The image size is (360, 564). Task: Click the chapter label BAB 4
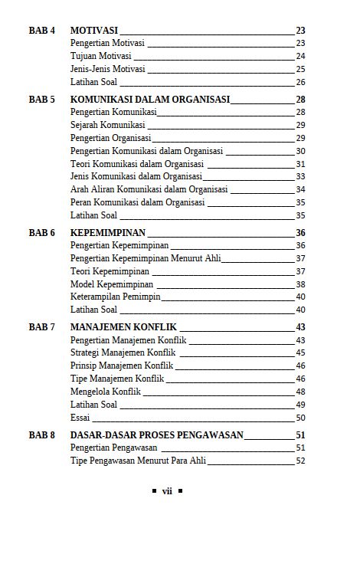click(42, 31)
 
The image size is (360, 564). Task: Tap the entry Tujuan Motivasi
click(100, 56)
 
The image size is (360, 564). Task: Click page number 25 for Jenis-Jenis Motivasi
click(300, 69)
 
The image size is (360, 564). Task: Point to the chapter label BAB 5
click(42, 100)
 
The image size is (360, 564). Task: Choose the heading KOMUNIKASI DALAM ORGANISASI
click(150, 100)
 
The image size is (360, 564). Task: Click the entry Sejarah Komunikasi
click(107, 125)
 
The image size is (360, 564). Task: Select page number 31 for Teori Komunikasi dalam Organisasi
click(300, 164)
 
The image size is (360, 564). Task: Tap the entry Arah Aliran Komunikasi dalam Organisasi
click(149, 189)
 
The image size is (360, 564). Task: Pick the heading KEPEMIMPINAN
click(108, 233)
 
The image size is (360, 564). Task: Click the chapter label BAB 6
click(42, 233)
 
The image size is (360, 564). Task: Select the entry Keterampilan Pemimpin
click(116, 297)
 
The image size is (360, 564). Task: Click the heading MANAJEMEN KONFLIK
click(123, 327)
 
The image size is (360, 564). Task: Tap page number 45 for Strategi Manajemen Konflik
click(300, 352)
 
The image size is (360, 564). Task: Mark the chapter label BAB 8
click(42, 435)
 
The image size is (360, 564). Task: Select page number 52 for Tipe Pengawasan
click(300, 461)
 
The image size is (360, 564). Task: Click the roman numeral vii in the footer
click(167, 491)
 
